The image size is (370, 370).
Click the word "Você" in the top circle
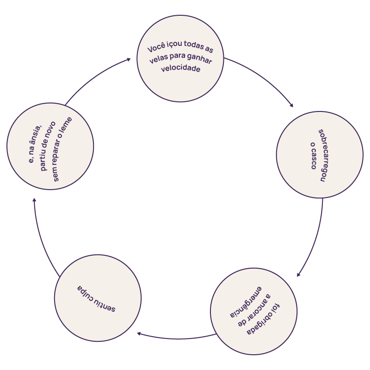[x=156, y=48]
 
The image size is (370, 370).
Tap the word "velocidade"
[x=180, y=68]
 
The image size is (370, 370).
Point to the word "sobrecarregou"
[x=322, y=155]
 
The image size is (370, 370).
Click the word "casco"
[x=313, y=160]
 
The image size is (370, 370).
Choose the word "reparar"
[x=60, y=148]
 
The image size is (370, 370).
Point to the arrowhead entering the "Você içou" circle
[x=129, y=59]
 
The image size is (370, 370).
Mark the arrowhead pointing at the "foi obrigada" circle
[x=298, y=275]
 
